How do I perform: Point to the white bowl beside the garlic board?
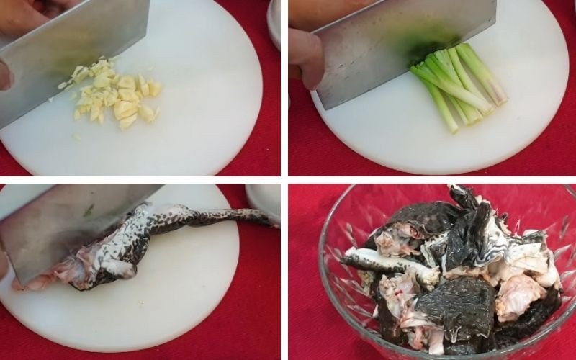(x=274, y=22)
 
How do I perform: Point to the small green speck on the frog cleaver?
(x=87, y=210)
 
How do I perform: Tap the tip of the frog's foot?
(x=274, y=223)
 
